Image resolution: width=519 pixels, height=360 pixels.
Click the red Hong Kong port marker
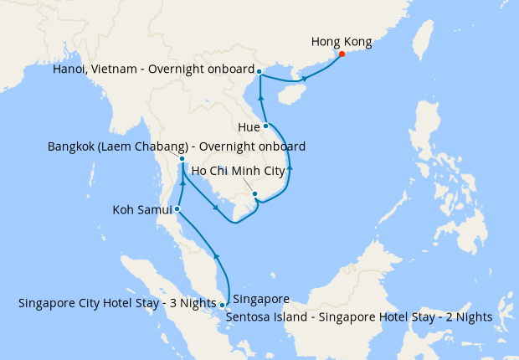[x=342, y=55]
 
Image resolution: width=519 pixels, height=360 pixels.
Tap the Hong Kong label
[x=341, y=41]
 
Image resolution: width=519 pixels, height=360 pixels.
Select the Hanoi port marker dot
[x=259, y=71]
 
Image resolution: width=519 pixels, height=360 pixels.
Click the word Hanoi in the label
[x=70, y=69]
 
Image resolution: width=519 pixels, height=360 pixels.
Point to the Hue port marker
[x=266, y=126]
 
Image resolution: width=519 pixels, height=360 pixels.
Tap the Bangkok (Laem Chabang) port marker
[x=182, y=158]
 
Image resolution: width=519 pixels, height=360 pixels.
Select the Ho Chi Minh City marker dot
[x=254, y=194]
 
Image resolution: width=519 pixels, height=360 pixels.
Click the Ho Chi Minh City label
[x=244, y=172]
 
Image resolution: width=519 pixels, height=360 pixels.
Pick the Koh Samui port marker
[x=177, y=208]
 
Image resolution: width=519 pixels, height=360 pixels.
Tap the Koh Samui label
[x=142, y=209]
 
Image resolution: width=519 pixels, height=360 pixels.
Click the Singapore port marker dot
[x=222, y=305]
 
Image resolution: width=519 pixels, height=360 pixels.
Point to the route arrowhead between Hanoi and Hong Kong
[x=304, y=79]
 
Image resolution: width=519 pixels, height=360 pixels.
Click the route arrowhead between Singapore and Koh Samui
[x=217, y=255]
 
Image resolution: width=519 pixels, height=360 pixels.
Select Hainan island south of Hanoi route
[x=288, y=94]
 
